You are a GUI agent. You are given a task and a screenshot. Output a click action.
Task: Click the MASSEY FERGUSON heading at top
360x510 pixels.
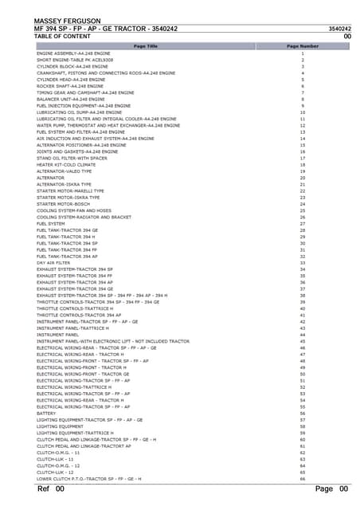click(67, 20)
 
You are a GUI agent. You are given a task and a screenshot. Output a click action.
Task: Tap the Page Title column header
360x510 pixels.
click(145, 46)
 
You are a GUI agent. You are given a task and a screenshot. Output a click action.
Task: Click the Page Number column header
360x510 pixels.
click(303, 46)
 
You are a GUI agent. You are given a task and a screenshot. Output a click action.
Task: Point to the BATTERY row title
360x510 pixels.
click(46, 414)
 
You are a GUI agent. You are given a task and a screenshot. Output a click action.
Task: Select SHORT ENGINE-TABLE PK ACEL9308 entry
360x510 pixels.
click(75, 60)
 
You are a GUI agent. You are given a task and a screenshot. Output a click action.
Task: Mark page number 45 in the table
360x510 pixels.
click(303, 341)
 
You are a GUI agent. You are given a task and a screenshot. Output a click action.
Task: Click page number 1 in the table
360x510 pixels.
click(303, 53)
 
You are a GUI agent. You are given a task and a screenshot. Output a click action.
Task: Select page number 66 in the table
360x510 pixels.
click(303, 479)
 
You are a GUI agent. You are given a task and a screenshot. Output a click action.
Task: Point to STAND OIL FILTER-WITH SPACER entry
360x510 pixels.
click(72, 158)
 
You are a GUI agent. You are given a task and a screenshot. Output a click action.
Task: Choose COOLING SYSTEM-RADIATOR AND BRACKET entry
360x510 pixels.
click(84, 217)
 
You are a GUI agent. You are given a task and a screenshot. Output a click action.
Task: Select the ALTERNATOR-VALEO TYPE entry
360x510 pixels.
click(65, 171)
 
